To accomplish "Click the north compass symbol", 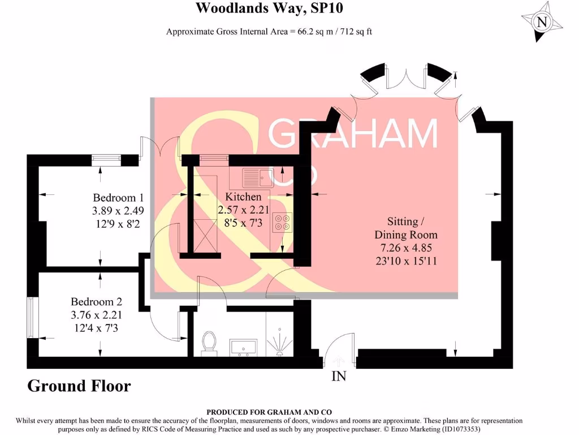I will pos(542,22).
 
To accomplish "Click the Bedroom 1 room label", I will pos(118,198).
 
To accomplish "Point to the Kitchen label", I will pos(243,197).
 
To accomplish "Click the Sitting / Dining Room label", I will pos(406,228).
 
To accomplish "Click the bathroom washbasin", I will pos(244,346).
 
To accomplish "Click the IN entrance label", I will pos(339,376).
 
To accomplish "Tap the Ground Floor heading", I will pos(79,386).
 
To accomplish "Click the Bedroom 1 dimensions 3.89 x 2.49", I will pos(119,210).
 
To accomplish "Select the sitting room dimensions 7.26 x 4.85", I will pos(406,248).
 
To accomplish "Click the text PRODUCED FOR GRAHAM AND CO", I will pos(269,412).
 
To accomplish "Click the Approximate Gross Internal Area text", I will pos(269,32).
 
